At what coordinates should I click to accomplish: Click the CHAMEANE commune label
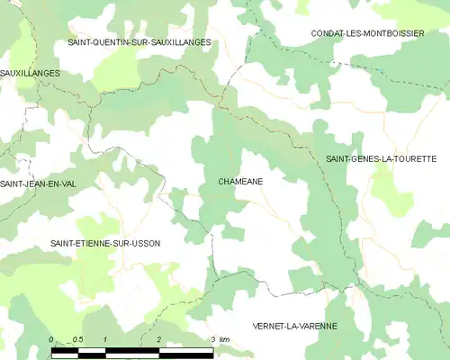[240, 181]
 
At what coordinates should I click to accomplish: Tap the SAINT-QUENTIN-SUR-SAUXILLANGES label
[139, 42]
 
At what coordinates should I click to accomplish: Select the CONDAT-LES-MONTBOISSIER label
[369, 33]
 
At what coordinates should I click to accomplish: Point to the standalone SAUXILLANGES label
[30, 72]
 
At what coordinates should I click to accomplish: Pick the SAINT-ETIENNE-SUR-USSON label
[112, 244]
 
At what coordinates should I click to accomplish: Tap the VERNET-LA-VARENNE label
[295, 325]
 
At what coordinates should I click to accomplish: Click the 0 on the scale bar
[51, 339]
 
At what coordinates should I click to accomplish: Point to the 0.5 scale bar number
[78, 339]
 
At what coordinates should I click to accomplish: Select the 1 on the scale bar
[106, 339]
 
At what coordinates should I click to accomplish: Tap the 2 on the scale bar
[159, 339]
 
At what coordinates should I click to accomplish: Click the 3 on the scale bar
[212, 339]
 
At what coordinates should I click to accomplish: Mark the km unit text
[224, 339]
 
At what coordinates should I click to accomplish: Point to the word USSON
[155, 244]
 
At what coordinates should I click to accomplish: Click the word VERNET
[268, 325]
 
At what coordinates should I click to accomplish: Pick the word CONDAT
[327, 33]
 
